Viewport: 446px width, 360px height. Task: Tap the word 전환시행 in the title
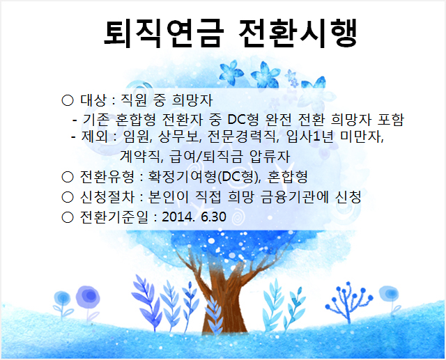tap(298, 33)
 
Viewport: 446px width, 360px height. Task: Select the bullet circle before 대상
tap(68, 100)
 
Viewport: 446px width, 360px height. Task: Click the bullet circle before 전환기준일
tap(68, 217)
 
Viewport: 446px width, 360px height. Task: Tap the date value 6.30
tap(213, 217)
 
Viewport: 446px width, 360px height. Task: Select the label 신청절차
tap(107, 197)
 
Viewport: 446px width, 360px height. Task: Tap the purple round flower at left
tap(88, 297)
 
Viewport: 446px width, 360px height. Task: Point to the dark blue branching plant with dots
tap(349, 302)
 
